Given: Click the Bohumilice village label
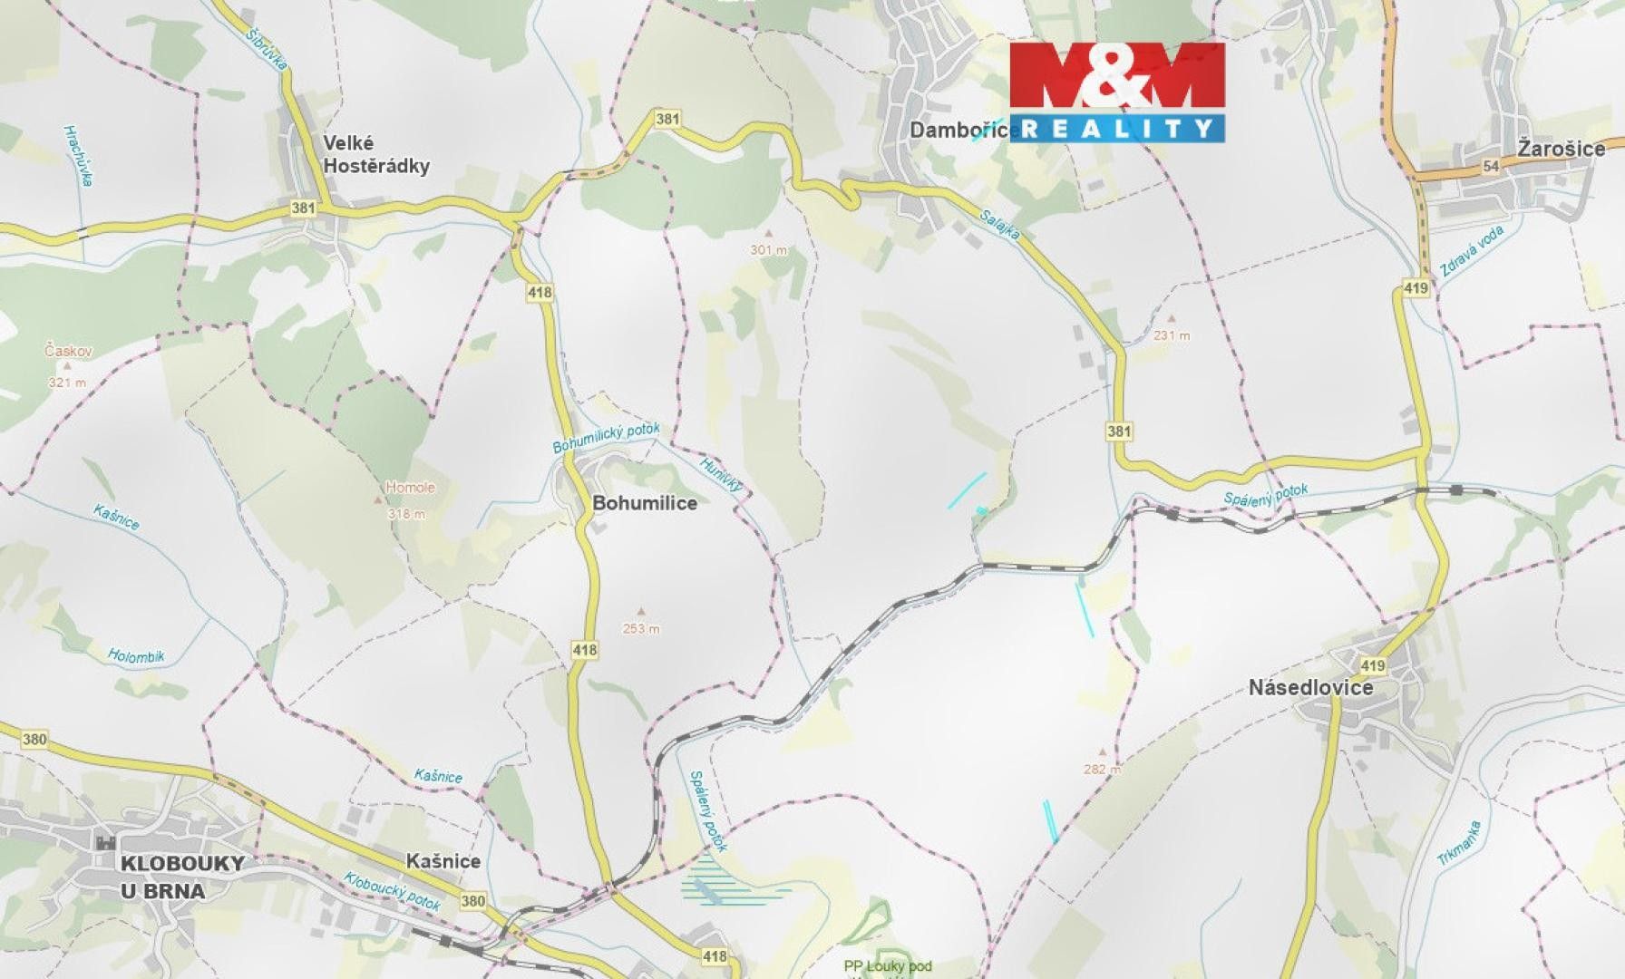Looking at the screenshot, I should point(645,503).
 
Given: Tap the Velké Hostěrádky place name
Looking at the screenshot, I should point(376,154).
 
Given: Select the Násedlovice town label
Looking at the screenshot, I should point(1310,687).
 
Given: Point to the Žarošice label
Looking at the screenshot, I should point(1560,148).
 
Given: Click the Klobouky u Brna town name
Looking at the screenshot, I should point(181,877).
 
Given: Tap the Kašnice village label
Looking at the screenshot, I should point(444,861).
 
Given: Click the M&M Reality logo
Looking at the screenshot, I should point(1117,92).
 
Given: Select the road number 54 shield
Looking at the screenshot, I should point(1491,167).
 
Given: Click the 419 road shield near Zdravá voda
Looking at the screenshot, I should point(1416,288).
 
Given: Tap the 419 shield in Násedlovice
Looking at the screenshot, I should point(1373,666).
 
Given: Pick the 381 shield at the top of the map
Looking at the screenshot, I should point(667,119).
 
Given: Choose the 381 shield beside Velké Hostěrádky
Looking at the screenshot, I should point(304,208).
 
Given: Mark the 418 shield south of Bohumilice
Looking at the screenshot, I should point(585,649).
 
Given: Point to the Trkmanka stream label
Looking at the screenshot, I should point(1458,844).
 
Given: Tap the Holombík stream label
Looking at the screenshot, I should point(136,655).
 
